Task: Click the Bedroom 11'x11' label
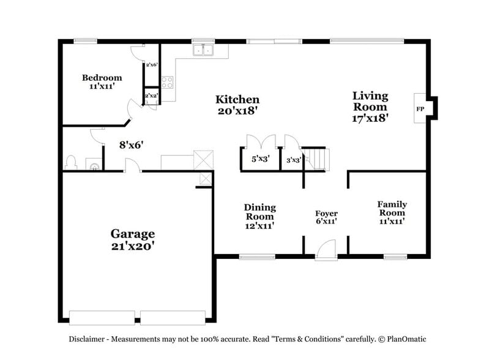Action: (x=102, y=81)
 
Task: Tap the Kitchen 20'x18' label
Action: (x=237, y=105)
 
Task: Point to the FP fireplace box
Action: (x=421, y=109)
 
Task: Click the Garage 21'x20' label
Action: (x=132, y=239)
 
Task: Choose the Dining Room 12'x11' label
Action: (x=259, y=216)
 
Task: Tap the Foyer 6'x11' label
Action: (x=326, y=217)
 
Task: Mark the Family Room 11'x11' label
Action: (x=392, y=212)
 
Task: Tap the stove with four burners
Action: (x=168, y=82)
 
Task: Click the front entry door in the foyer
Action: (x=326, y=249)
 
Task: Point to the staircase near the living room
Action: (x=318, y=158)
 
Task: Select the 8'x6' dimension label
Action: (x=131, y=145)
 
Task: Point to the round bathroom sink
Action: (x=94, y=166)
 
